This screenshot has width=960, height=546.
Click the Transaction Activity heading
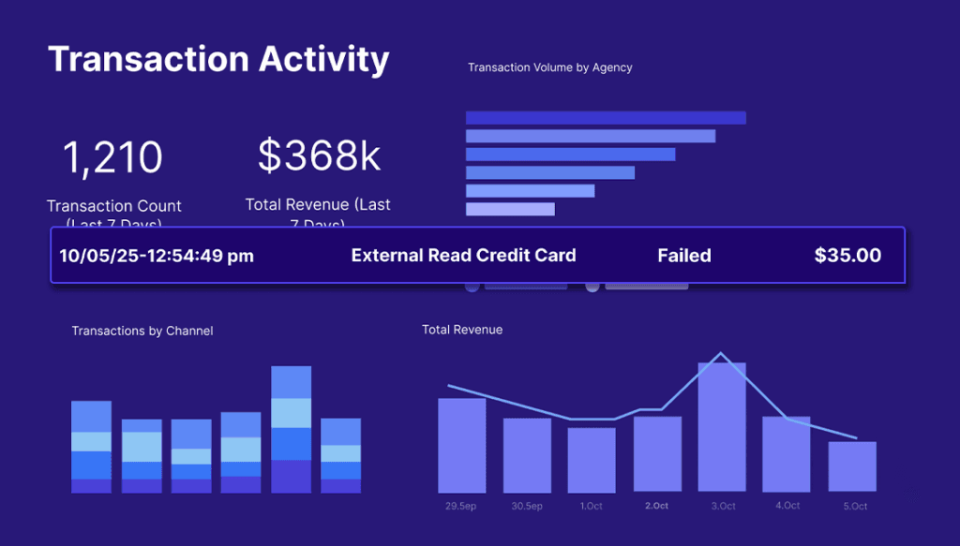(218, 59)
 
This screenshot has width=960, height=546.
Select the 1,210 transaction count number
(112, 157)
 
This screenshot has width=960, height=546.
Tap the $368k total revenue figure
(319, 155)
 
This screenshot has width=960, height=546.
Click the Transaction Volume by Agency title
(549, 67)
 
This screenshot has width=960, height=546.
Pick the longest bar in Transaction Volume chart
(606, 118)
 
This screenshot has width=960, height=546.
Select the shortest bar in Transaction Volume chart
(510, 209)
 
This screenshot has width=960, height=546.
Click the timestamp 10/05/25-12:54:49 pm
(157, 256)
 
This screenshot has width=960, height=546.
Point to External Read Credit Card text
(463, 256)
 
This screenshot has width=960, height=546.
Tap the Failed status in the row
(683, 256)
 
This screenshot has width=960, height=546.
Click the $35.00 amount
(847, 256)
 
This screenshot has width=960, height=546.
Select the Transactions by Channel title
(142, 331)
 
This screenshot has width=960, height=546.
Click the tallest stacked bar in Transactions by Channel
(291, 429)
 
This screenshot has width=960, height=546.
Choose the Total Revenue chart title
(462, 330)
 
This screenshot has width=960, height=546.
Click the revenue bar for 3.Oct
(722, 427)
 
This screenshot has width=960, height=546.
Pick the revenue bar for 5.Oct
(852, 466)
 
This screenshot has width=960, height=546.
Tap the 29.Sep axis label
(461, 507)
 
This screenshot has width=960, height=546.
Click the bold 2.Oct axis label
(656, 507)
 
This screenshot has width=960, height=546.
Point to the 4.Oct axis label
(787, 507)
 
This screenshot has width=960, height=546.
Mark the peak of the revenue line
(721, 354)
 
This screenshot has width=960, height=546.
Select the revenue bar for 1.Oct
(592, 460)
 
